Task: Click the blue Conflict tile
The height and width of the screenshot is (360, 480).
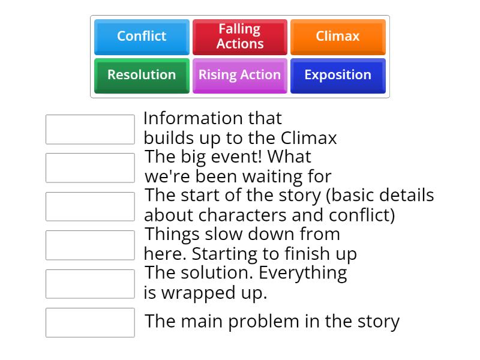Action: [x=142, y=36]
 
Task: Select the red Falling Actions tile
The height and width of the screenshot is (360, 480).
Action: [x=239, y=36]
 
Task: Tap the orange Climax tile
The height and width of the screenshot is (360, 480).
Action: [x=338, y=36]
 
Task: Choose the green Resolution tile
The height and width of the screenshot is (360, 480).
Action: [x=142, y=75]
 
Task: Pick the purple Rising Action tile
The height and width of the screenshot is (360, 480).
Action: [x=239, y=75]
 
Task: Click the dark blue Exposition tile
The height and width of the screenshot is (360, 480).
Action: [x=338, y=75]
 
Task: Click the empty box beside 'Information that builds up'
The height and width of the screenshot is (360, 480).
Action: [x=90, y=130]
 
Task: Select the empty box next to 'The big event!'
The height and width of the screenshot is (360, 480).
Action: [x=90, y=168]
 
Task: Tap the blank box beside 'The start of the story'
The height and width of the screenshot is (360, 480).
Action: [x=90, y=206]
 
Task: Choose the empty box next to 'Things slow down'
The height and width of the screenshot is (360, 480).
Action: [x=90, y=245]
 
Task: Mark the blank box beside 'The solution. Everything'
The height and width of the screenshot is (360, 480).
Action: [x=90, y=284]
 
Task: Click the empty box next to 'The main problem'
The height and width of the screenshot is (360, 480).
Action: [x=90, y=323]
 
